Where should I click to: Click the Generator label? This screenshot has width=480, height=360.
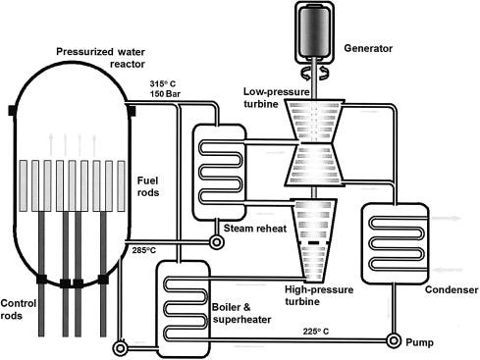(368, 48)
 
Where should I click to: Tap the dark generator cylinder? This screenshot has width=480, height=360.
(314, 31)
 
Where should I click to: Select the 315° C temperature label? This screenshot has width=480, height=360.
(163, 83)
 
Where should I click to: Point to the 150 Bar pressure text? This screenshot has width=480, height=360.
(165, 94)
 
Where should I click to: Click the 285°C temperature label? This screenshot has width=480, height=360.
(144, 251)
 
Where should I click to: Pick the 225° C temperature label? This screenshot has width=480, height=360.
(316, 332)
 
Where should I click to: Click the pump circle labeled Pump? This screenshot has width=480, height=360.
(394, 340)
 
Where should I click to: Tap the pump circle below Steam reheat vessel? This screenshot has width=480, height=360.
(216, 242)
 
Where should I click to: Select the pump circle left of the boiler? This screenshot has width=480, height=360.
(120, 346)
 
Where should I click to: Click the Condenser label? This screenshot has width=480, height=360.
(452, 289)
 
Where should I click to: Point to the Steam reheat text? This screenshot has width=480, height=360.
(255, 229)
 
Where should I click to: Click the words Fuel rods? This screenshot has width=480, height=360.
(148, 186)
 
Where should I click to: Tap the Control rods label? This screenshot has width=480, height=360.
(18, 309)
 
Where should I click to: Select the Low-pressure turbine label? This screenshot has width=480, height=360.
(277, 98)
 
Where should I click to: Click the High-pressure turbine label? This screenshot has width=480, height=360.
(319, 295)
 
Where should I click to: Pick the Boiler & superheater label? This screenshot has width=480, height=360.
(241, 313)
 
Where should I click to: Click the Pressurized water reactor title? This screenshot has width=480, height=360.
(101, 58)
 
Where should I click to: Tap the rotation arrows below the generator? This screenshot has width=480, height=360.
(314, 73)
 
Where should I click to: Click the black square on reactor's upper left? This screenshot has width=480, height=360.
(13, 111)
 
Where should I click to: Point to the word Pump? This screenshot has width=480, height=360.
(420, 342)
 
